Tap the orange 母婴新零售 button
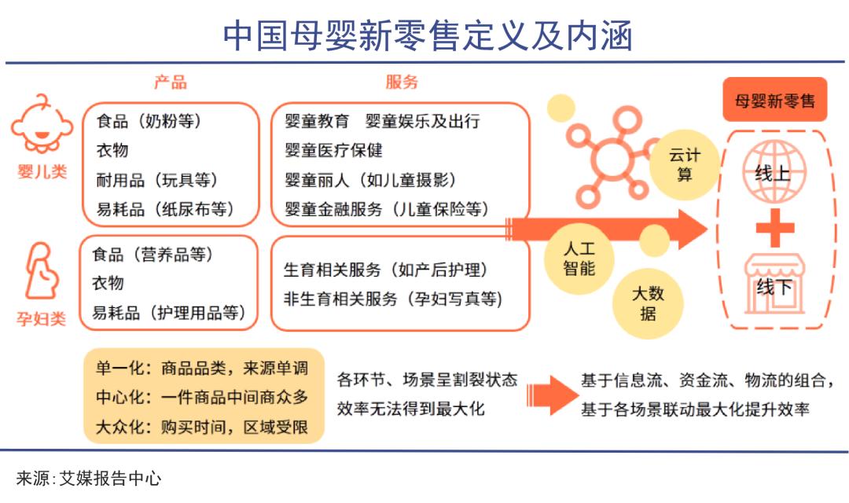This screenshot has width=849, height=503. [x=774, y=101]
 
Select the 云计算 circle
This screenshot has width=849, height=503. [x=684, y=165]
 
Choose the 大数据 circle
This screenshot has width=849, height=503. [x=649, y=304]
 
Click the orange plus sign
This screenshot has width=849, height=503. [x=774, y=228]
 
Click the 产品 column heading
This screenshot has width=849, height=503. [x=170, y=83]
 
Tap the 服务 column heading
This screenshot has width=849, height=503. [x=401, y=83]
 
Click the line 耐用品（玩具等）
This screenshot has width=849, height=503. [x=157, y=180]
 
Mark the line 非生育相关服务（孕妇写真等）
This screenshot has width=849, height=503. [x=392, y=299]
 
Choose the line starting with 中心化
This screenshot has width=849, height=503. [x=202, y=398]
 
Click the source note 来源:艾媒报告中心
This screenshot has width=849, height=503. [x=89, y=478]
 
